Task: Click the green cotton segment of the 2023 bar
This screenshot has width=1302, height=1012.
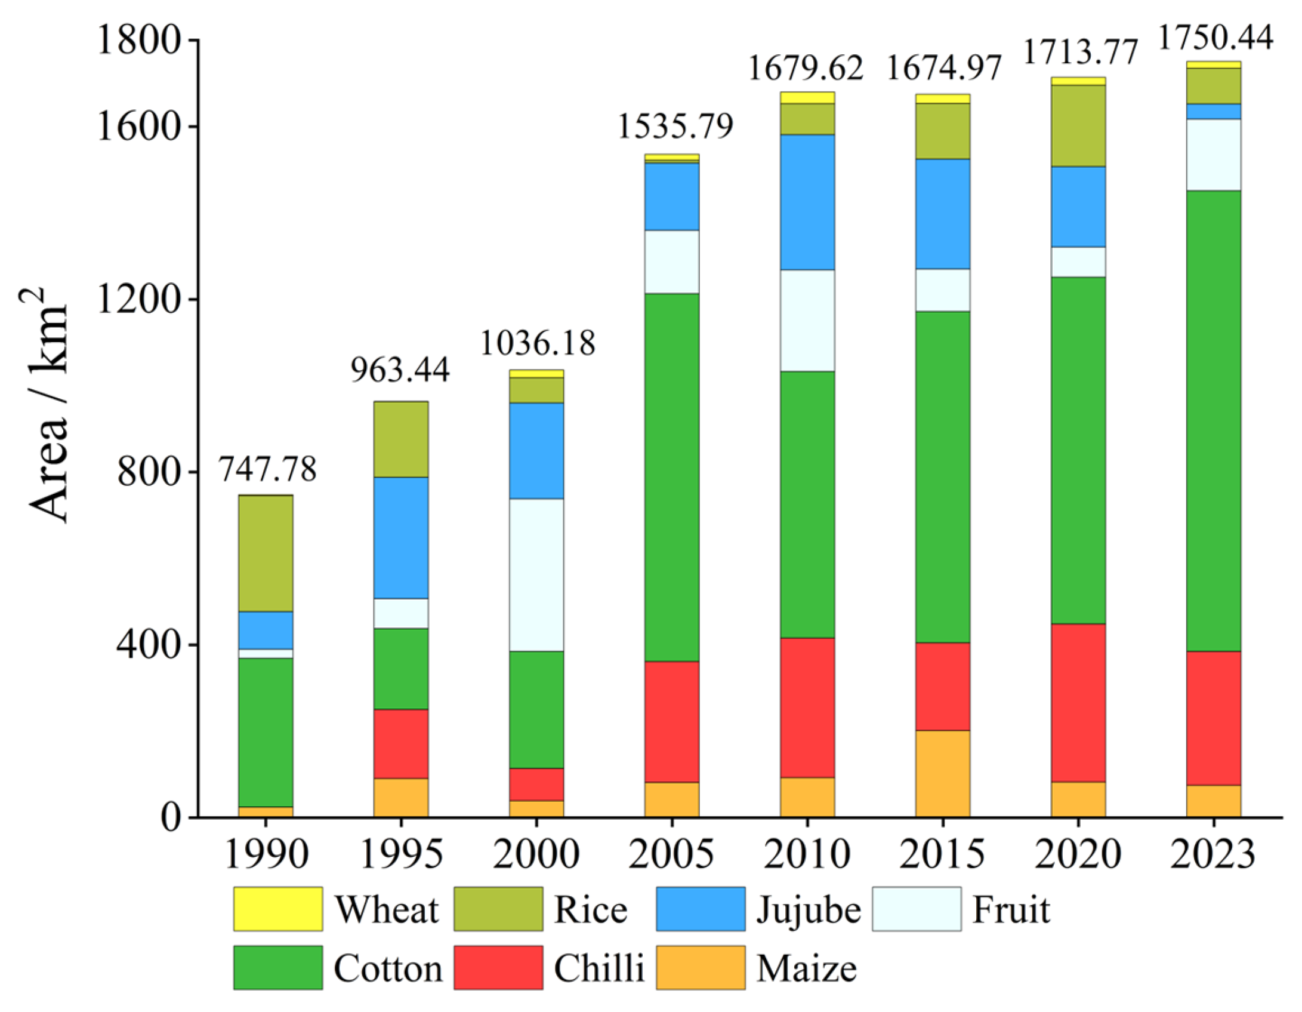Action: tap(1213, 421)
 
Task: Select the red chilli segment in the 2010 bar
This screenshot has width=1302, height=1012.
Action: tap(807, 708)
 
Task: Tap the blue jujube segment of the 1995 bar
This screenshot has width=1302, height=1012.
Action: tap(400, 537)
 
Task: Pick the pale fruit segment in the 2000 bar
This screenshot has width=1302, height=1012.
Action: tap(536, 574)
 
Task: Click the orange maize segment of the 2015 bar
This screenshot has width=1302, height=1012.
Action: tap(942, 773)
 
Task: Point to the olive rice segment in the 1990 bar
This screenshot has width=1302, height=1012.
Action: tap(266, 553)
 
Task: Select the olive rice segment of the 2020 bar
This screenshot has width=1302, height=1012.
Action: tap(1078, 125)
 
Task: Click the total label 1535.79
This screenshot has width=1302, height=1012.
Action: tap(674, 127)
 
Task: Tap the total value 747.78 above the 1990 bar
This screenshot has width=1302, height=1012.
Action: tap(267, 469)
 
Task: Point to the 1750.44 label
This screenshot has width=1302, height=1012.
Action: tap(1215, 38)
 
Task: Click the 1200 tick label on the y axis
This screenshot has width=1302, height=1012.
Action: tap(138, 300)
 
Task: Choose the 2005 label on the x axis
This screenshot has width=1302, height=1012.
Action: tap(671, 854)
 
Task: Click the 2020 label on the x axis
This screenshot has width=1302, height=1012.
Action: tap(1077, 854)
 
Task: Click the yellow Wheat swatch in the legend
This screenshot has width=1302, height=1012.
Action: tap(277, 909)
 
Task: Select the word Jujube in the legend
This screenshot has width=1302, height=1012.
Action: tap(809, 910)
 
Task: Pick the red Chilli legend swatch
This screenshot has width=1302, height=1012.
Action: tap(498, 967)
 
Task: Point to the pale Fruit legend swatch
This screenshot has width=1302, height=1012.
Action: tap(916, 909)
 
